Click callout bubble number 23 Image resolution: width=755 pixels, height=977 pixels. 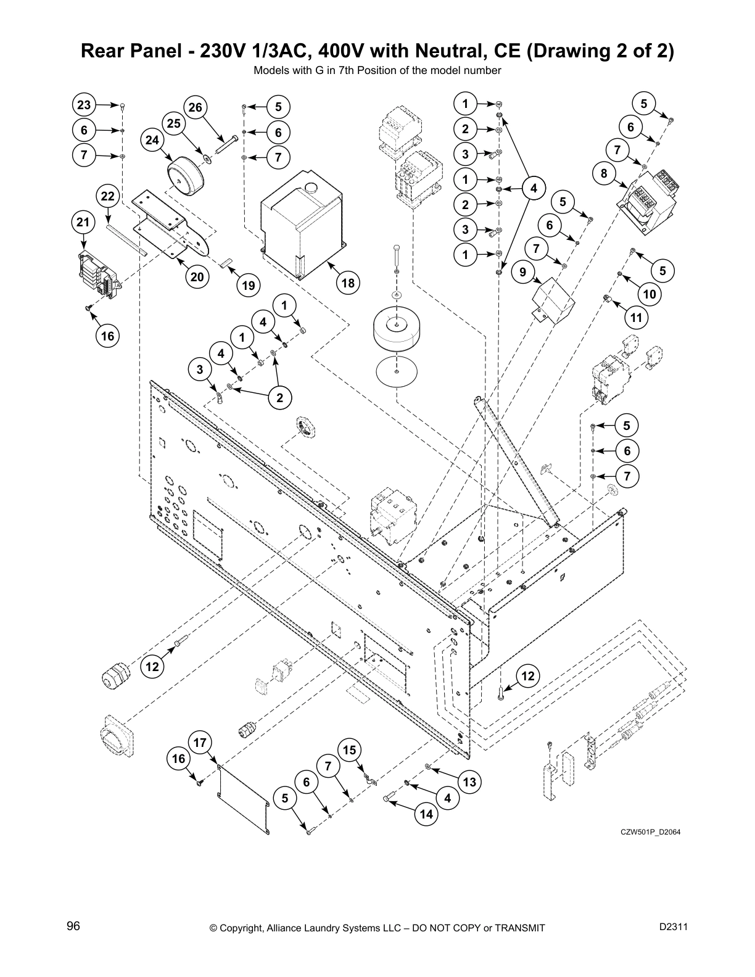(84, 105)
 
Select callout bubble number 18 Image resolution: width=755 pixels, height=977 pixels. (348, 282)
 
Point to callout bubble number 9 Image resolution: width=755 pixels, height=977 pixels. (523, 272)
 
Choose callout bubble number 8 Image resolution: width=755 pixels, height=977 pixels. (604, 174)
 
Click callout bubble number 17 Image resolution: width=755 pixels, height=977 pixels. (200, 743)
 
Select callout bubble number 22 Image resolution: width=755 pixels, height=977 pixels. (108, 197)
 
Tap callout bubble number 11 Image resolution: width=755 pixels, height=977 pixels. (637, 318)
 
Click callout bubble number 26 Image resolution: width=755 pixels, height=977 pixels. (195, 108)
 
